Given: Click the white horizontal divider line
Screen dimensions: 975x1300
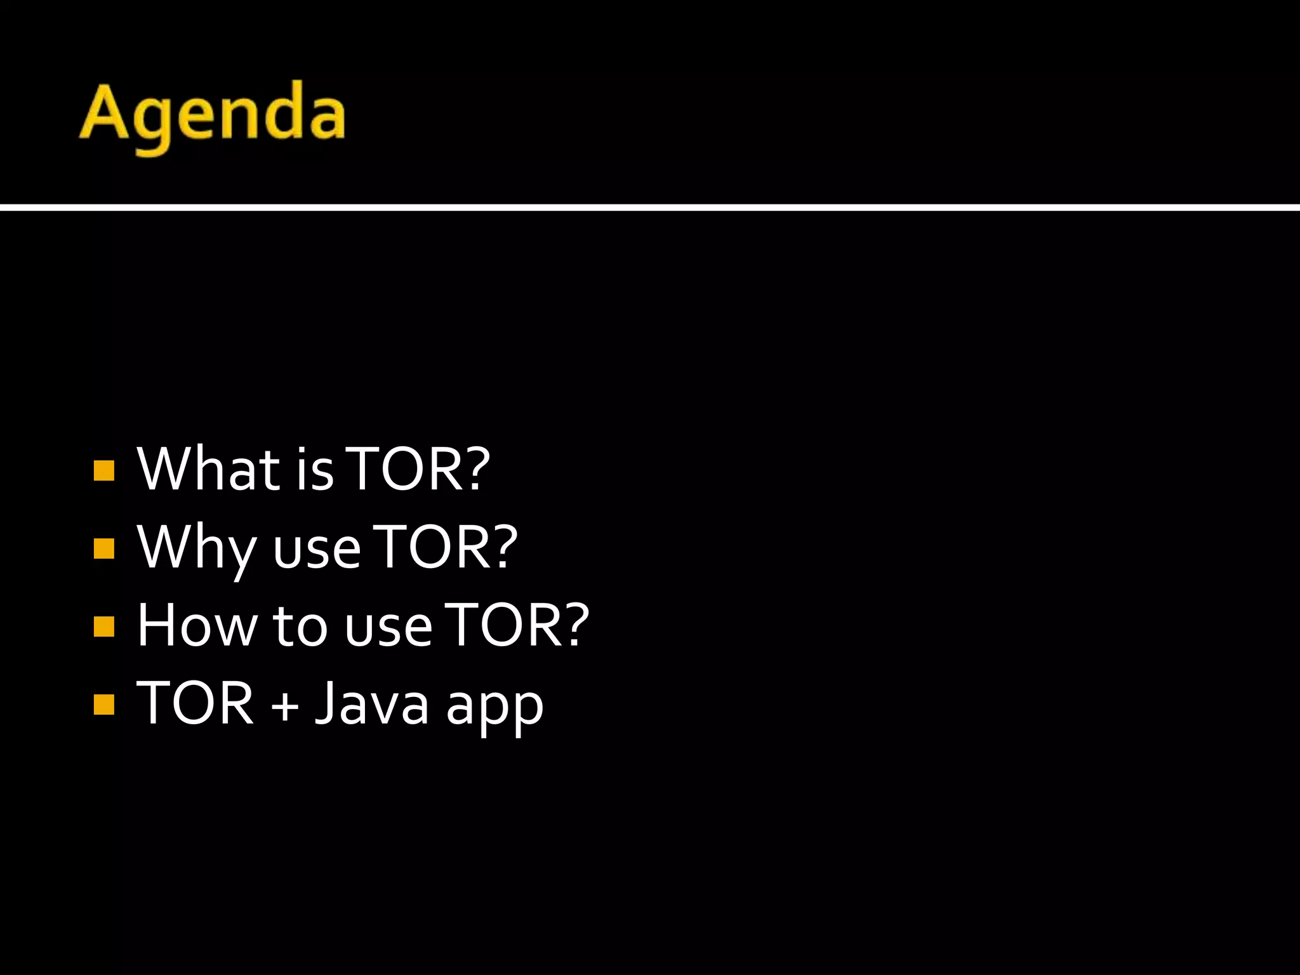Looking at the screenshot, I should pos(650,208).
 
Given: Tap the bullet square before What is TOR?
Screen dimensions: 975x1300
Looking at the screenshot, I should pos(103,471).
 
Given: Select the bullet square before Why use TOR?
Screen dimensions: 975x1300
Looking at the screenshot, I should pos(103,548).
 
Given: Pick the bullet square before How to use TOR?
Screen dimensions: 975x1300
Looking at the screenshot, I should pos(103,627).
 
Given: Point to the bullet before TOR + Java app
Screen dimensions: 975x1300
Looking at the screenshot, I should pos(103,705).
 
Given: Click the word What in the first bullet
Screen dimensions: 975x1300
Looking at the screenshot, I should pos(209,469).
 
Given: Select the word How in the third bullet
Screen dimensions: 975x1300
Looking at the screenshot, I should pos(197,626).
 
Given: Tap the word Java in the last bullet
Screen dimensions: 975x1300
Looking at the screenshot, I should pos(372,703).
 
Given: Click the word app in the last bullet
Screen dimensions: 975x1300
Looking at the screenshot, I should pos(494,708).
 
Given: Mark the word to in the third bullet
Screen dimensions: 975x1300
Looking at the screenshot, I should pos(300,627).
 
